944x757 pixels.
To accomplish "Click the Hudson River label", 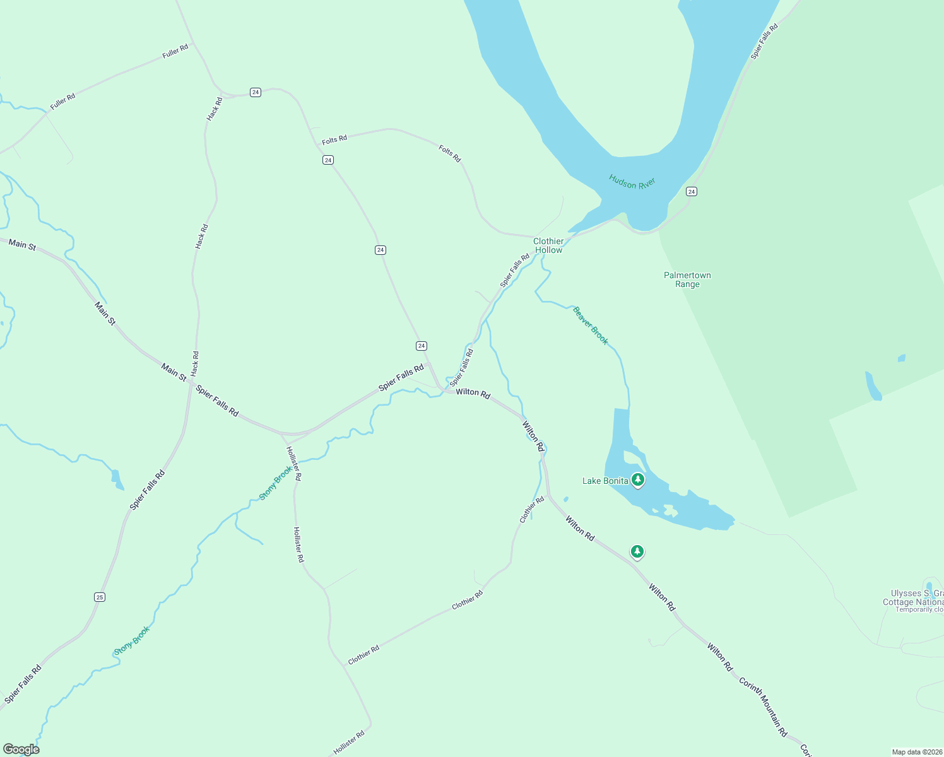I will pyautogui.click(x=632, y=183).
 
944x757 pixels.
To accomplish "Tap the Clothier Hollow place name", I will pyautogui.click(x=548, y=245).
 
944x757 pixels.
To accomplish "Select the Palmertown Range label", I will pyautogui.click(x=687, y=279).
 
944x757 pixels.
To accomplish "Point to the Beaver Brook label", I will pyautogui.click(x=590, y=326).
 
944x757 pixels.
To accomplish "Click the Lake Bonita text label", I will pyautogui.click(x=605, y=481).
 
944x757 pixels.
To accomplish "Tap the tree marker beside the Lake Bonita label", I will pyautogui.click(x=638, y=480).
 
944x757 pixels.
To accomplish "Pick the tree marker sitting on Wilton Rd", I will pyautogui.click(x=637, y=552).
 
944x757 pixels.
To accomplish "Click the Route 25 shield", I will pyautogui.click(x=100, y=597).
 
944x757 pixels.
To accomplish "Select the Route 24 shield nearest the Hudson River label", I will pyautogui.click(x=692, y=191).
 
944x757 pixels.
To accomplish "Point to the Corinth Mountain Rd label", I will pyautogui.click(x=763, y=707).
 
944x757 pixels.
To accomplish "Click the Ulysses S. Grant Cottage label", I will pyautogui.click(x=917, y=597).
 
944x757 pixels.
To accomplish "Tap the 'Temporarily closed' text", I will pyautogui.click(x=919, y=609).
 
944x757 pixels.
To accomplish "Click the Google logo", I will pyautogui.click(x=21, y=749).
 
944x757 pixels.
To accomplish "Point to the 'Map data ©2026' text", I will pyautogui.click(x=916, y=752).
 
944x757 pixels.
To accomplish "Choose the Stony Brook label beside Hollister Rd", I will pyautogui.click(x=276, y=483).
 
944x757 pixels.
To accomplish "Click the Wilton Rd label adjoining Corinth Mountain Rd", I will pyautogui.click(x=719, y=657).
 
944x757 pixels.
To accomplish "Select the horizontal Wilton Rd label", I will pyautogui.click(x=473, y=393).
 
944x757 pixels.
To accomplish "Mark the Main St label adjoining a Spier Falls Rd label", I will pyautogui.click(x=174, y=372).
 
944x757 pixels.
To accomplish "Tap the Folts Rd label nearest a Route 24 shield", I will pyautogui.click(x=334, y=139).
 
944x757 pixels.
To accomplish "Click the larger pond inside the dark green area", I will pyautogui.click(x=873, y=386).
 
